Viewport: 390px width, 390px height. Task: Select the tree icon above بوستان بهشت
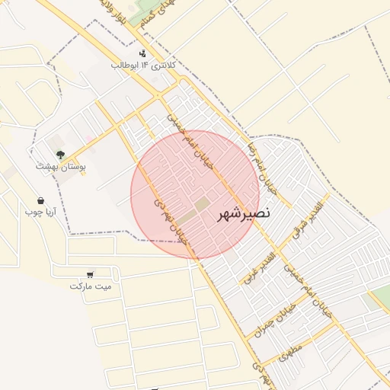[x=60, y=155]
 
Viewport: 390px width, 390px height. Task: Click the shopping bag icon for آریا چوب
[x=40, y=201]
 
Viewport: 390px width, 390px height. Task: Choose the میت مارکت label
[x=90, y=286]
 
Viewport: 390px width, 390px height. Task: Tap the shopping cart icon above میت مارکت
[x=91, y=274]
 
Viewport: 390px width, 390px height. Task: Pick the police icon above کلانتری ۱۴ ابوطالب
[x=142, y=53]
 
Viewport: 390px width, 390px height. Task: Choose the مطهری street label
[x=287, y=351]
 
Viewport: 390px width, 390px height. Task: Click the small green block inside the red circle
[x=201, y=205]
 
